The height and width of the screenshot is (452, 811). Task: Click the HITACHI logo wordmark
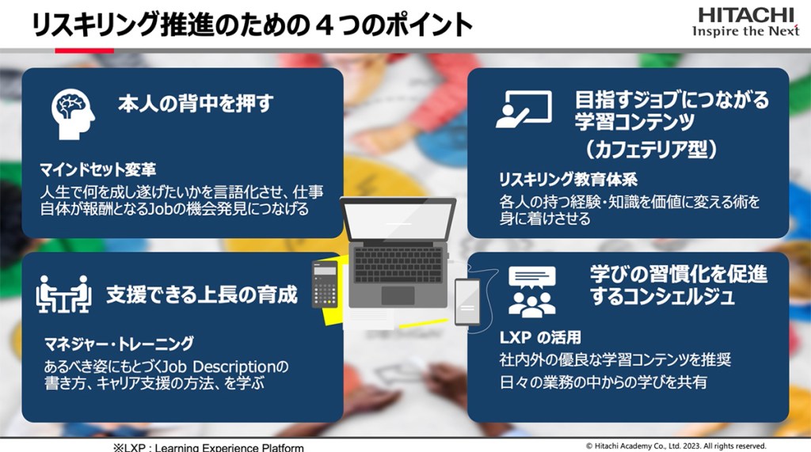[746, 14]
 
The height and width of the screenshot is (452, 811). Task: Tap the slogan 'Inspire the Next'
[746, 31]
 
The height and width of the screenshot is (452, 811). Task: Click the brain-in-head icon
[73, 114]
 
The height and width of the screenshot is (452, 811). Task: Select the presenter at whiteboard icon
[524, 109]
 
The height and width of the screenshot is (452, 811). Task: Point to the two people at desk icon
[63, 294]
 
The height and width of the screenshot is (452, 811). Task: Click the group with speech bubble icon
[531, 291]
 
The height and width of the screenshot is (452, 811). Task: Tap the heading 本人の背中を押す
[196, 104]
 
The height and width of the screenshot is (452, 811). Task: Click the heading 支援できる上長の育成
[202, 294]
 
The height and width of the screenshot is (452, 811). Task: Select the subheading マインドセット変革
[97, 169]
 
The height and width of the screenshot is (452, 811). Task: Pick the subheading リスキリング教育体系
[568, 180]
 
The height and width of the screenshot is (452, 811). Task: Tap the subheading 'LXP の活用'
[540, 338]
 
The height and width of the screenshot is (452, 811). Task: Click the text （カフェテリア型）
[651, 150]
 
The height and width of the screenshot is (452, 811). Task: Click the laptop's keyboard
[398, 264]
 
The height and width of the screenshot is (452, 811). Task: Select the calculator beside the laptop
[325, 284]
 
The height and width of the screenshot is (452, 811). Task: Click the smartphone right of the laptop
[467, 302]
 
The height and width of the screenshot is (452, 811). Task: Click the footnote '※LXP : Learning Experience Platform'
[208, 447]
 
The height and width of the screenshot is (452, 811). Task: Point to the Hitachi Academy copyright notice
[676, 446]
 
